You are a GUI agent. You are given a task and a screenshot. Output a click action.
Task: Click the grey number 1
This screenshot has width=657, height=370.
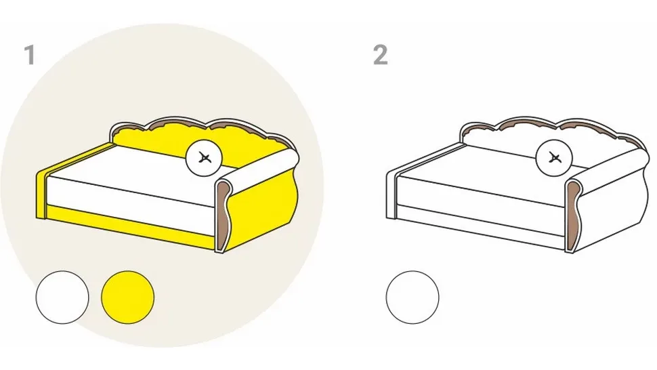[x=29, y=55]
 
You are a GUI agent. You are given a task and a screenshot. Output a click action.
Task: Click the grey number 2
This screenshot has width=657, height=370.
[x=380, y=55]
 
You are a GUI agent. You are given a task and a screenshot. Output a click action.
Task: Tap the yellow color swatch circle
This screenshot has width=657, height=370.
[x=128, y=297]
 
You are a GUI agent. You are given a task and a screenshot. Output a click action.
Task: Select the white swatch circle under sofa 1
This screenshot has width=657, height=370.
[x=62, y=297]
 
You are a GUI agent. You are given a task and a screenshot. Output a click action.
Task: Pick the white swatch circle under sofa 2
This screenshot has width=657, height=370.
[x=412, y=297]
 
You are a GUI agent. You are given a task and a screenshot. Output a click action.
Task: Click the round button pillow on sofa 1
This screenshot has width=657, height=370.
[x=204, y=158]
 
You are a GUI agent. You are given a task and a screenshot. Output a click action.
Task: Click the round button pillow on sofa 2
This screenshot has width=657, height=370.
[x=554, y=158]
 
